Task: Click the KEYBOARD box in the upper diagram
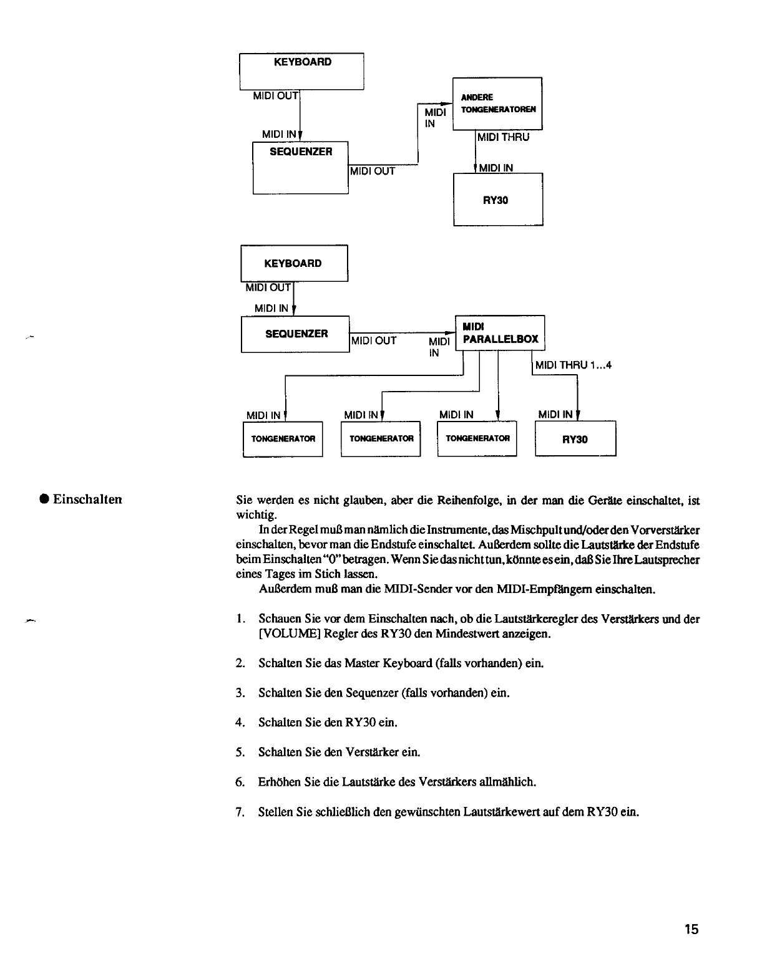pos(301,71)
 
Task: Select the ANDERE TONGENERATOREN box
pos(497,103)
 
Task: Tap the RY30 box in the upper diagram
pos(497,199)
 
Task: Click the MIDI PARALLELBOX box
pos(500,333)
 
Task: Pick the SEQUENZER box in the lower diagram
pos(295,334)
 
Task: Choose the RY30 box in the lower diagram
pos(575,439)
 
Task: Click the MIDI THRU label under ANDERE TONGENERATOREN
pos(503,137)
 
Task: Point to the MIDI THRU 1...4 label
pos(573,365)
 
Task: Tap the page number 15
pos(690,930)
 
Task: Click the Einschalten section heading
pos(87,499)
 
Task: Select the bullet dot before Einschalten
pos(44,499)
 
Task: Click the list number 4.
pos(240,722)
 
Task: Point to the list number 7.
pos(240,812)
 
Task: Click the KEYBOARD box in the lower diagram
pos(294,264)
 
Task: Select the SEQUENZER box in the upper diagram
pos(300,167)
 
